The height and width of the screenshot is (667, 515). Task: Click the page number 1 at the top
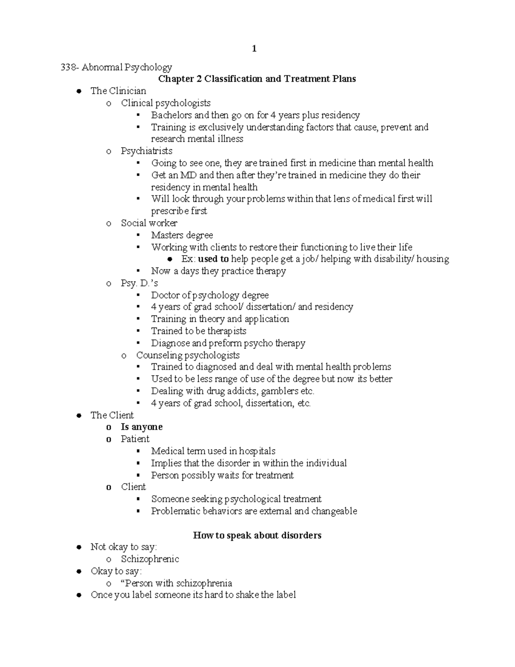254,49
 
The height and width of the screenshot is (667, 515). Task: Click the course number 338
69,67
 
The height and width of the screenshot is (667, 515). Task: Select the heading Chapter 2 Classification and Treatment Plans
257,79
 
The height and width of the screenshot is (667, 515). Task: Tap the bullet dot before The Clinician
79,91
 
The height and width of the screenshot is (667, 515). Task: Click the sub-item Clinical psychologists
166,103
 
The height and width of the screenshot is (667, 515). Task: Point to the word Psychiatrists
146,151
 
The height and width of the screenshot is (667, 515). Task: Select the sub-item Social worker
149,223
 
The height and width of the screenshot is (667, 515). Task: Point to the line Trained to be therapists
199,331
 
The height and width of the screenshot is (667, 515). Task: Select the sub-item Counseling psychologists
188,355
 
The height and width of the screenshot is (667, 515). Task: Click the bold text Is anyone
142,427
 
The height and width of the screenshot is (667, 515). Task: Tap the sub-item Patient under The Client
135,439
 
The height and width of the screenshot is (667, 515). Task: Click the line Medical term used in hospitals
213,451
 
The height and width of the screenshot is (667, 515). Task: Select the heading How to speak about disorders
257,535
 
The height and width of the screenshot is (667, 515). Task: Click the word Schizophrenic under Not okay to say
150,559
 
